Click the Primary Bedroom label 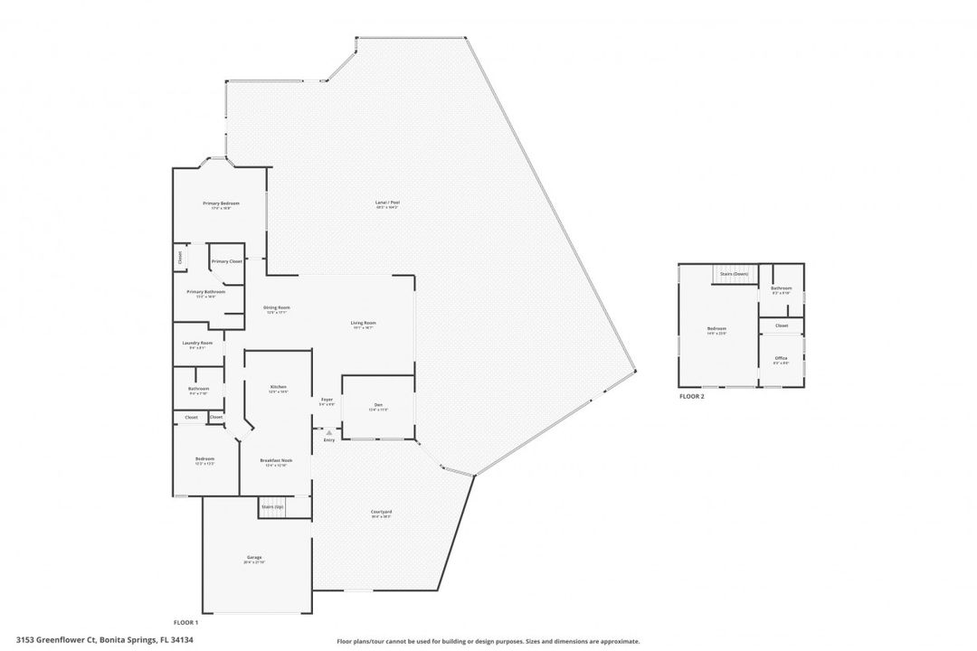pos(221,203)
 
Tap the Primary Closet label pos(226,261)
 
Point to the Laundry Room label pos(197,343)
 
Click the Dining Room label pos(276,307)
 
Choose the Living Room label pos(364,323)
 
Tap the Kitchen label pos(278,387)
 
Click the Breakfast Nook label pos(276,460)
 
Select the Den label pos(378,404)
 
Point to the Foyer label pos(327,400)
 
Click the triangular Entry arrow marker pos(328,433)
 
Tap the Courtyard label pos(381,512)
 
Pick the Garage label pos(254,557)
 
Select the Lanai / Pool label pos(387,202)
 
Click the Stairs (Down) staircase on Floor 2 pos(733,273)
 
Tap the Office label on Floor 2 pos(781,358)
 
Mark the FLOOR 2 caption pos(691,397)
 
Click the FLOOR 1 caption pos(185,623)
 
